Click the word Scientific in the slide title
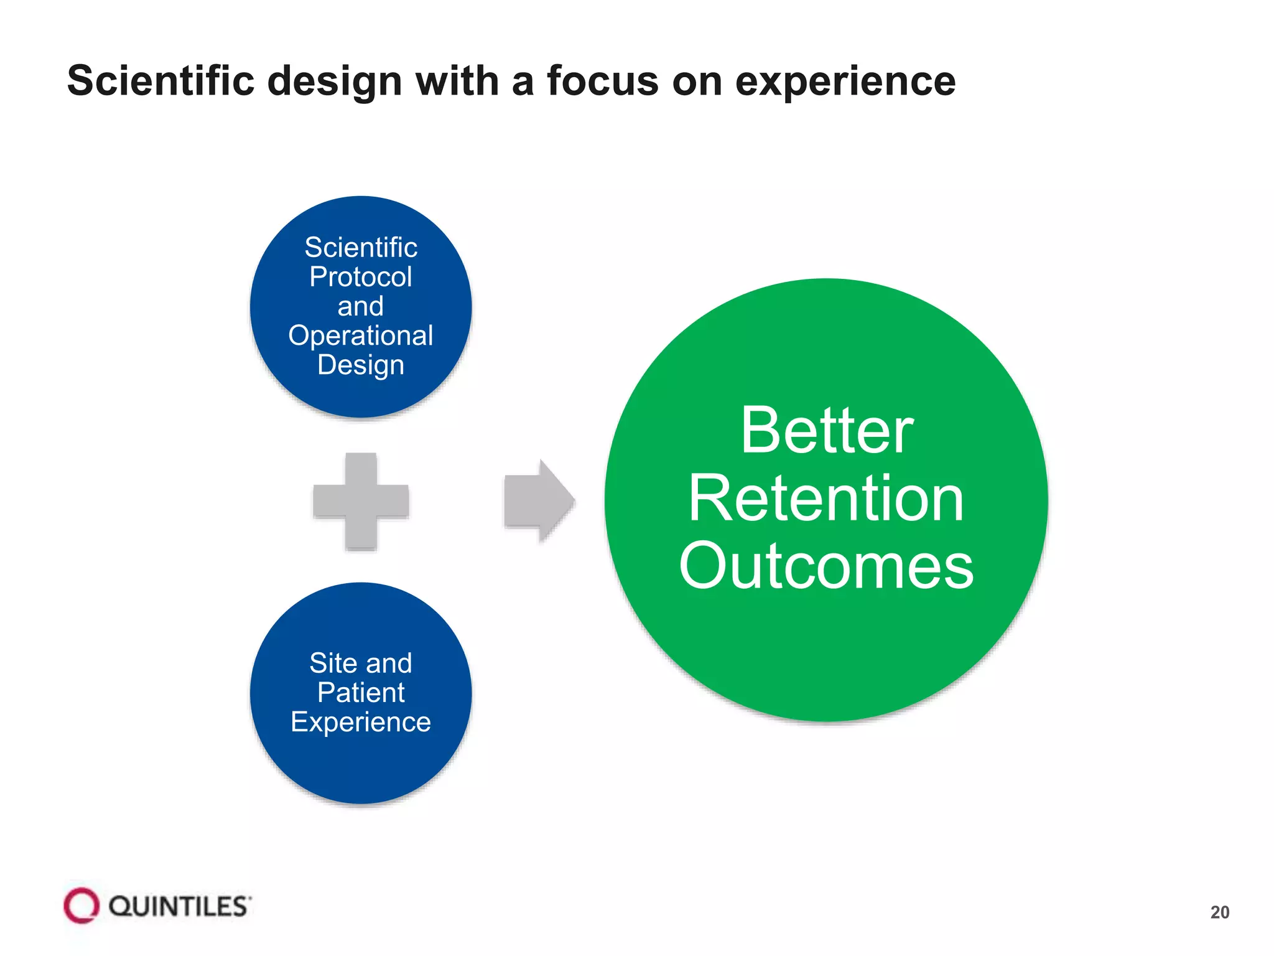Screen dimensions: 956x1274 [x=160, y=82]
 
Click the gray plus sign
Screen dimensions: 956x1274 [x=361, y=502]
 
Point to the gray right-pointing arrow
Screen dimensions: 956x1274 [x=539, y=501]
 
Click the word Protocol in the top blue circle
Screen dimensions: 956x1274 [x=361, y=277]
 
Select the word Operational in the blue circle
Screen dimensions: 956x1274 [x=361, y=336]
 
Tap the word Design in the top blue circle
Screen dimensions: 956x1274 [x=361, y=365]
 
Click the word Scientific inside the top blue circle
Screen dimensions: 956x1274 [x=361, y=248]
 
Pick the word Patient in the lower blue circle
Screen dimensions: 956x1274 [x=361, y=693]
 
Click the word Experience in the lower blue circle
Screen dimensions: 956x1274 [x=361, y=723]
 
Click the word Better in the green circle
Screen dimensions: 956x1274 [x=827, y=431]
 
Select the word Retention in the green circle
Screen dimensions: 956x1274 [x=827, y=499]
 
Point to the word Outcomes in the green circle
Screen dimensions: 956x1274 [x=827, y=566]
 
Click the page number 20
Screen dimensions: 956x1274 [x=1219, y=912]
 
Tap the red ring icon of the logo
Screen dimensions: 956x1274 [x=81, y=906]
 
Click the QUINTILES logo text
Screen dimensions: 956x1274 [x=180, y=906]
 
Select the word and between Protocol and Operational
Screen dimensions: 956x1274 [x=361, y=307]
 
